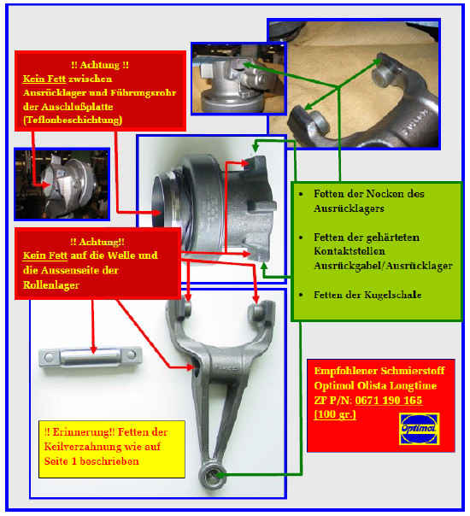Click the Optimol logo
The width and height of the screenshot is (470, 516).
(x=419, y=429)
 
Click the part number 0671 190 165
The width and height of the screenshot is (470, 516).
(x=388, y=400)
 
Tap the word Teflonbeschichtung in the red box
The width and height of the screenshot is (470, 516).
(x=73, y=120)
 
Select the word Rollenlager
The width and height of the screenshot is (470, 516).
(x=51, y=285)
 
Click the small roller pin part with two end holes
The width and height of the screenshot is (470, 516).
(x=91, y=358)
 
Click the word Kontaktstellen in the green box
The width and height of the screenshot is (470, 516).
(x=350, y=251)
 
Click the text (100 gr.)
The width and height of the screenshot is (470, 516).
(x=335, y=414)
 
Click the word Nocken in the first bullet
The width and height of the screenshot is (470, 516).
(x=385, y=194)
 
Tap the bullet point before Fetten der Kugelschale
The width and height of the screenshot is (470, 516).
(x=301, y=295)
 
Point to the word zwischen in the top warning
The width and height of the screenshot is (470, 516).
(x=90, y=79)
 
